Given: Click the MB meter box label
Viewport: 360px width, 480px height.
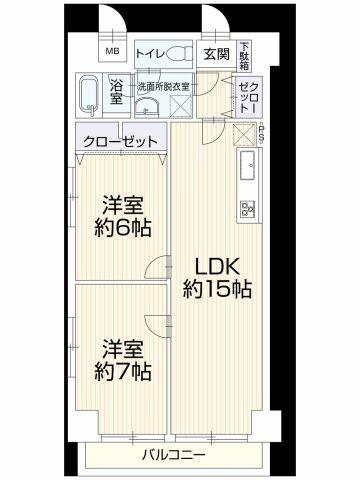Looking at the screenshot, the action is [113, 51].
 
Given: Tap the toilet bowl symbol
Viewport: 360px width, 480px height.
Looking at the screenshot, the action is [179, 54].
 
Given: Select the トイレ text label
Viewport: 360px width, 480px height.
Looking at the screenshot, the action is [150, 54].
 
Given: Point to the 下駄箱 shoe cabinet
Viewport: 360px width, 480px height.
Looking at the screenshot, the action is [245, 56].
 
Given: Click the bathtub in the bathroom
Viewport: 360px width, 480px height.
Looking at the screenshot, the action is [89, 95].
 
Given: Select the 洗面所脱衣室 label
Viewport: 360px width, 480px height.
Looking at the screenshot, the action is [164, 87].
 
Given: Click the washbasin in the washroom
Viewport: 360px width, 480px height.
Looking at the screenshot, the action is [147, 106].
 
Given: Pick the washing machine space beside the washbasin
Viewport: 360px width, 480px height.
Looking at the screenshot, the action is [180, 106].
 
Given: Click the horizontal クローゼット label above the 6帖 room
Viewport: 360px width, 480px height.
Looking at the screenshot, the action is [120, 142].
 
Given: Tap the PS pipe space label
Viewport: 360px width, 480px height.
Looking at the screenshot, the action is [262, 133].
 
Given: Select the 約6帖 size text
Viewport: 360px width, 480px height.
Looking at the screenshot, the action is [123, 228].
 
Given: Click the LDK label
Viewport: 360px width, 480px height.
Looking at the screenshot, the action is [217, 267].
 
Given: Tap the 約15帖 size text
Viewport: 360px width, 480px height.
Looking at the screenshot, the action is [217, 289].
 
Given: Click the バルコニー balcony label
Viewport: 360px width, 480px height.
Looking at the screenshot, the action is [173, 455].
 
